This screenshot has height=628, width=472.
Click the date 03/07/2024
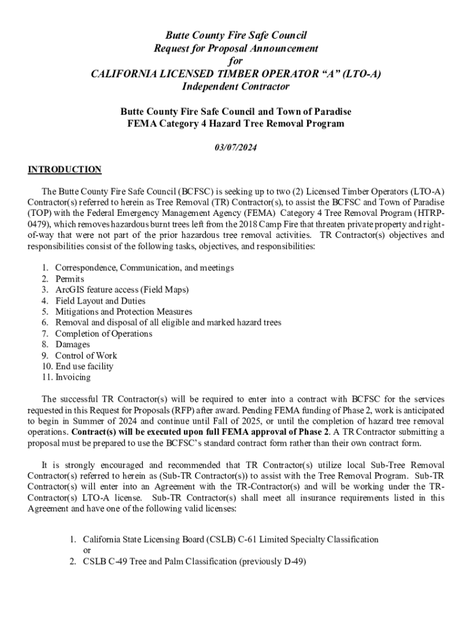(x=236, y=147)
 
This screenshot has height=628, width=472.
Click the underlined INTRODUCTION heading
(x=64, y=169)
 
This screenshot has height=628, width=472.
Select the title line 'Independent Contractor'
(x=236, y=86)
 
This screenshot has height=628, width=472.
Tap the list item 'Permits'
(x=70, y=279)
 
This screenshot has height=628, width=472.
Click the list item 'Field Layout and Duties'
(x=101, y=301)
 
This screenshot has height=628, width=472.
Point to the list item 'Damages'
(x=72, y=345)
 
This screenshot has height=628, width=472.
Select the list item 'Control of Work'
(x=86, y=356)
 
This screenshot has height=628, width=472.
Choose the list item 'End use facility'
(x=84, y=367)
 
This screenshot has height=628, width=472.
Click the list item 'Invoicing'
(x=73, y=377)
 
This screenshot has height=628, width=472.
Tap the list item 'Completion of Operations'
(x=104, y=334)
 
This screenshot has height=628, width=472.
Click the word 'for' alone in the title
(x=236, y=61)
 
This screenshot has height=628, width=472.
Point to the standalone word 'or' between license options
(x=87, y=550)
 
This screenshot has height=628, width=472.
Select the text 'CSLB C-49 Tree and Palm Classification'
(x=159, y=561)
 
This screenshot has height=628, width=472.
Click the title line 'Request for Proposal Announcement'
(x=236, y=48)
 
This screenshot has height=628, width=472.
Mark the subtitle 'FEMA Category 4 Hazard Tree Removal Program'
(x=236, y=124)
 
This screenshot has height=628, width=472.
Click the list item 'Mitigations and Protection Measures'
(x=124, y=312)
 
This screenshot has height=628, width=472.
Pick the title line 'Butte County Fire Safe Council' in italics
(x=236, y=35)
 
